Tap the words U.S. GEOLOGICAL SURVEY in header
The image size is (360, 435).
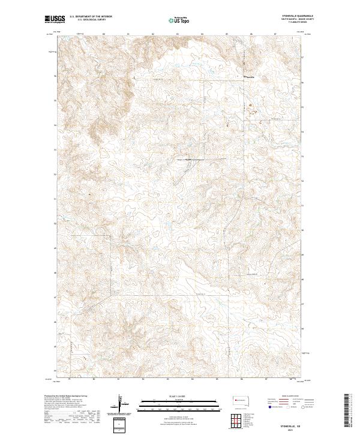tap(90, 20)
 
